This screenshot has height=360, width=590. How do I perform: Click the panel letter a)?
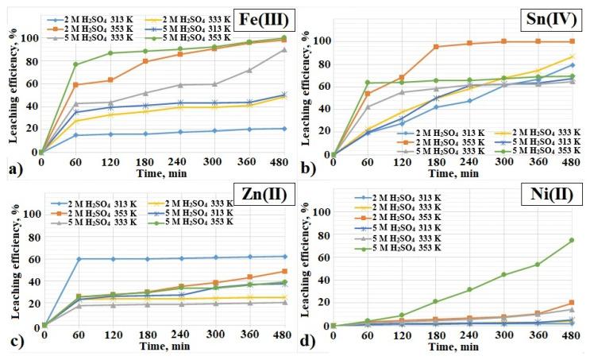(13, 168)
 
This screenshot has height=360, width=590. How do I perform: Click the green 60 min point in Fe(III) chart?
(76, 64)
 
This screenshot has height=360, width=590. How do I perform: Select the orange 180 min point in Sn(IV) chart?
(435, 47)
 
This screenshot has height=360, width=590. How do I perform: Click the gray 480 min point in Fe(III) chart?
(283, 50)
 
